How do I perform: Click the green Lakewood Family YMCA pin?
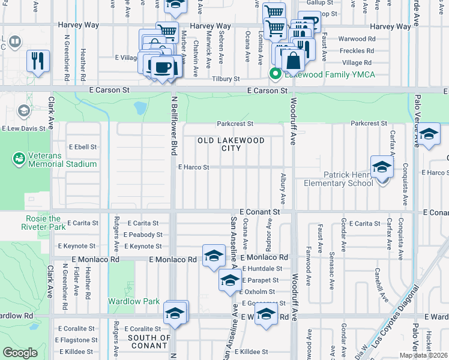tap(276, 74)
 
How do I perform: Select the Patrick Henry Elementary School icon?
tap(382, 167)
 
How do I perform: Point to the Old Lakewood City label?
tap(231, 144)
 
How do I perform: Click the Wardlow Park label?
tap(133, 301)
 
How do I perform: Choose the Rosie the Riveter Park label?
tap(43, 223)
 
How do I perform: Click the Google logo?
tap(20, 353)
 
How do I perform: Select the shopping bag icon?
tap(294, 61)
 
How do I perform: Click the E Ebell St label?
tap(83, 146)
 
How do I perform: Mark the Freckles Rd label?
tap(357, 51)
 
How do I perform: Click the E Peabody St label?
tap(142, 235)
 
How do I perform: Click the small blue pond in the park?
tap(140, 109)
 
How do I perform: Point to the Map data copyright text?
tap(423, 355)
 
